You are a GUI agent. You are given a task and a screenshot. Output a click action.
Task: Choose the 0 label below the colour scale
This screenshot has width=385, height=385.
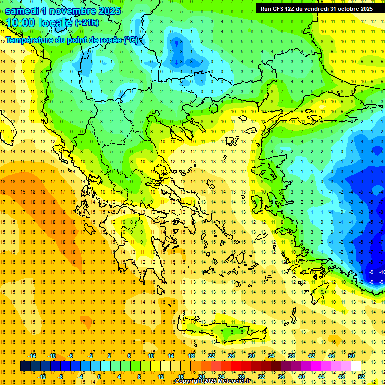[x=99, y=377]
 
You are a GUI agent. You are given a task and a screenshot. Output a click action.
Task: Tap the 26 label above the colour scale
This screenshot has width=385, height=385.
[x=231, y=356]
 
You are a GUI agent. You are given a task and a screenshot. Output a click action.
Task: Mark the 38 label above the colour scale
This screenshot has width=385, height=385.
[x=291, y=356]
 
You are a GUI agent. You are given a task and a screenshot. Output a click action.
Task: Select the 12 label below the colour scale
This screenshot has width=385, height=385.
[x=161, y=377]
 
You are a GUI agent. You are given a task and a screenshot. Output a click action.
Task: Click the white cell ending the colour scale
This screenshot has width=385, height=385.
[x=356, y=366]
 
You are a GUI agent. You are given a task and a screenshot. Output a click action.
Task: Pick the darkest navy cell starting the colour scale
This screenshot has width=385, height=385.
[x=26, y=366]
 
